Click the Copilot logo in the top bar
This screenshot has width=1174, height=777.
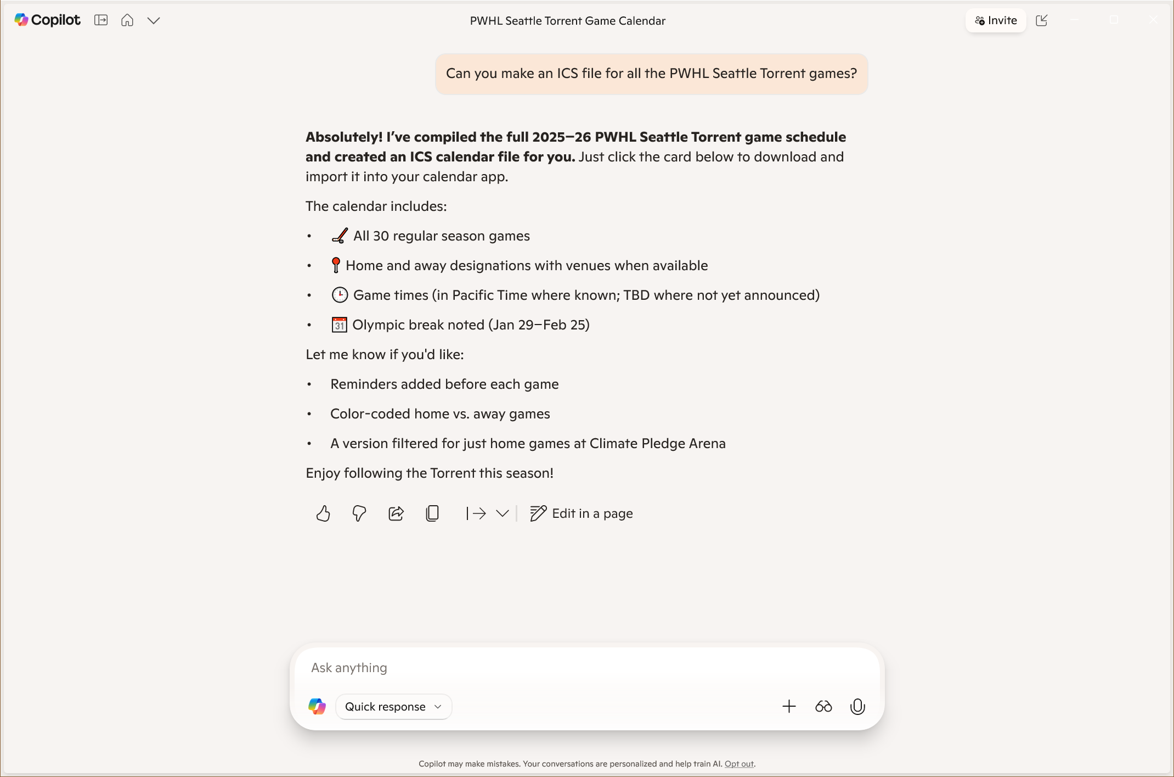tap(47, 20)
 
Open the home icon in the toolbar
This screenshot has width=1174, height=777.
tap(127, 20)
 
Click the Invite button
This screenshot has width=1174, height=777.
tap(995, 20)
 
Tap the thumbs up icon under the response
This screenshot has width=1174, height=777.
tap(323, 513)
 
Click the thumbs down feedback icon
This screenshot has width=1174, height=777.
tap(359, 513)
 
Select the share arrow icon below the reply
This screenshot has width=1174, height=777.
tap(396, 513)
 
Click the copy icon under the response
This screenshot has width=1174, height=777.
tap(432, 513)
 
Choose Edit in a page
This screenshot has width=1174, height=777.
tap(582, 513)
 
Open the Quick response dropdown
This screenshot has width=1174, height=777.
tap(393, 707)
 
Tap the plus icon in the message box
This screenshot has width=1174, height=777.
tap(789, 707)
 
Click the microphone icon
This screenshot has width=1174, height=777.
tap(857, 707)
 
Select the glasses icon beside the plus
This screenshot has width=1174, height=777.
tap(823, 707)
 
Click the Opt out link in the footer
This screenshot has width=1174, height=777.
tap(739, 764)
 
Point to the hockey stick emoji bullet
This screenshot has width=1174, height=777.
tap(340, 236)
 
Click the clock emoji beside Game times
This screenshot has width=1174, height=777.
tap(340, 295)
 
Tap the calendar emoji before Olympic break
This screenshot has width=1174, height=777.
tap(340, 325)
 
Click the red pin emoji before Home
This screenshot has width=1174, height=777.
tap(336, 266)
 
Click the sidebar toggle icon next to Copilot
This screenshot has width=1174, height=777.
tap(101, 20)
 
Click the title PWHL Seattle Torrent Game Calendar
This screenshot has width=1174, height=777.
tap(567, 21)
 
